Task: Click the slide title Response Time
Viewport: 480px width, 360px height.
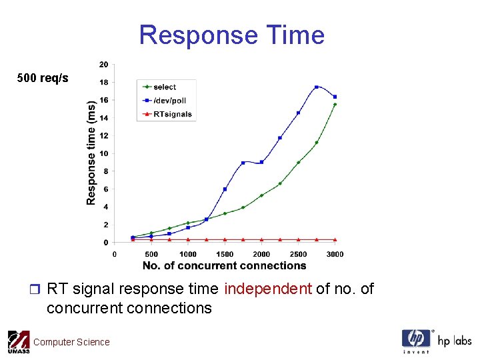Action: [231, 35]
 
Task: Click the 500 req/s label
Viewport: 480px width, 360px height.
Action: [43, 79]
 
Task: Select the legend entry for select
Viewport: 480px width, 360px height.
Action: [164, 87]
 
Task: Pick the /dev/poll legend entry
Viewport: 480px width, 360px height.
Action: [169, 101]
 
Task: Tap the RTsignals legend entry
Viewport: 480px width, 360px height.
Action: [172, 114]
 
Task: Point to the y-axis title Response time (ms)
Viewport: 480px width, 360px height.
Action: [91, 153]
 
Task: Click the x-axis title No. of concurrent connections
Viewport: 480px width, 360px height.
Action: [224, 265]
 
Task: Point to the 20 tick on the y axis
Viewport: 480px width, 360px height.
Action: [104, 65]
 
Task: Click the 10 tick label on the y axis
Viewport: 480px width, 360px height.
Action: [104, 153]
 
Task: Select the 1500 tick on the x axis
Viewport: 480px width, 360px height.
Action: [225, 254]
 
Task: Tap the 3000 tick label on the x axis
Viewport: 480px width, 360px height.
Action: [335, 254]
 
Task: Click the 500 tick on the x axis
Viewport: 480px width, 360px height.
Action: [151, 254]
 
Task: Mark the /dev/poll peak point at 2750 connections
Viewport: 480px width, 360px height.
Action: [317, 87]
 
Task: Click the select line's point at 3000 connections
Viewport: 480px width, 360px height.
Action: [335, 105]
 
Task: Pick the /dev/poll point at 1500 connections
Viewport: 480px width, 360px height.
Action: [225, 189]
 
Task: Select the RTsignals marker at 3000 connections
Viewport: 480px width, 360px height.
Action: [335, 239]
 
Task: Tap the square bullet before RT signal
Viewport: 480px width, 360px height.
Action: [36, 289]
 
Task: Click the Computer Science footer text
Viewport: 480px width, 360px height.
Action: [71, 342]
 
